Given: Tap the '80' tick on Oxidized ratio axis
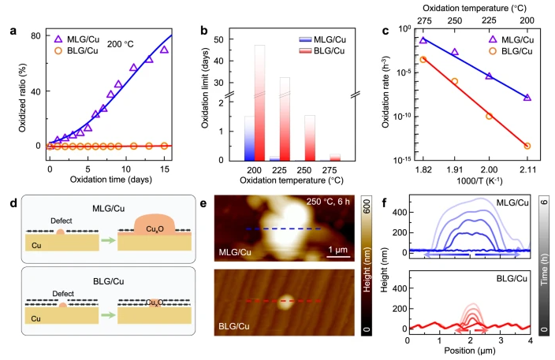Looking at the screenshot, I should click(x=35, y=36).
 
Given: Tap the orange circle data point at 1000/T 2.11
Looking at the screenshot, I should click(x=527, y=146).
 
